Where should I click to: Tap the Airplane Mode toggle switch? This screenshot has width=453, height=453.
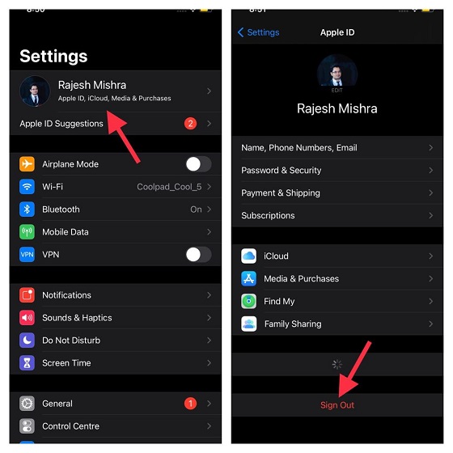[198, 164]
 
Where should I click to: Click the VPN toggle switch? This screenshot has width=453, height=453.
[198, 255]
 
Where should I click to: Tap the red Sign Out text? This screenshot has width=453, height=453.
[337, 404]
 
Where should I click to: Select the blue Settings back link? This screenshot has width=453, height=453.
[258, 32]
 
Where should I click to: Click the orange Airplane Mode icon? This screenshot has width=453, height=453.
[28, 164]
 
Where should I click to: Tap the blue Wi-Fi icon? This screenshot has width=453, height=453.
[28, 187]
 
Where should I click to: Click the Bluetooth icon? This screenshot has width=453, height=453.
[28, 210]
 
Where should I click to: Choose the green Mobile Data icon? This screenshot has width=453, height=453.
[28, 232]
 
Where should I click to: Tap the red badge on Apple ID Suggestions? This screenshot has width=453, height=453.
[190, 124]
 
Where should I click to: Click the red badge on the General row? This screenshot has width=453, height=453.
[190, 404]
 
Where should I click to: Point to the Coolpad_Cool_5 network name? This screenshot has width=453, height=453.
[168, 187]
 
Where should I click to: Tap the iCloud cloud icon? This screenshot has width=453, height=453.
[249, 256]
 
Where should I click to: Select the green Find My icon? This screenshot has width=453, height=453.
[249, 302]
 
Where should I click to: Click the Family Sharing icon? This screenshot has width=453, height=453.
[249, 324]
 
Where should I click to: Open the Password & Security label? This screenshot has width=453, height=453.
[281, 171]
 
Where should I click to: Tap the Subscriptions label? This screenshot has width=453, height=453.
[268, 216]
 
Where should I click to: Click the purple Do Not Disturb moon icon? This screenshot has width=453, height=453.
[28, 341]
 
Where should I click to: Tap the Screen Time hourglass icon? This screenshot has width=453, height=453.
[28, 363]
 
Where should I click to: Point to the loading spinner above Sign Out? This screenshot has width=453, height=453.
[337, 365]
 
